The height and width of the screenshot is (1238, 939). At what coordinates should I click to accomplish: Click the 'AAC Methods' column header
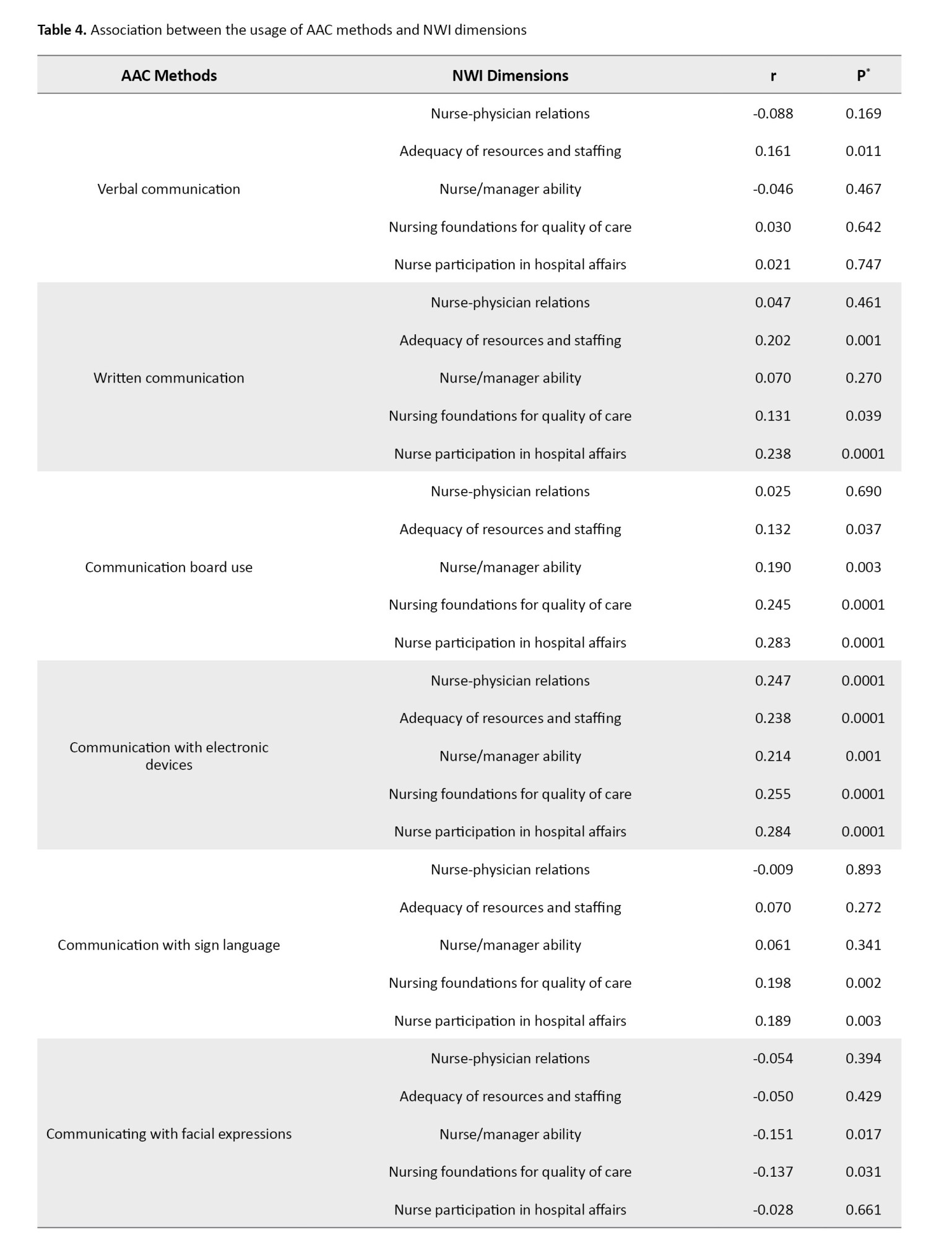coord(169,76)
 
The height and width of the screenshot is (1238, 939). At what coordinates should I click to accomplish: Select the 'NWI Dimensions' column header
coord(510,76)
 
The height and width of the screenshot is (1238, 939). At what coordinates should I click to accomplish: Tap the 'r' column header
coord(773,76)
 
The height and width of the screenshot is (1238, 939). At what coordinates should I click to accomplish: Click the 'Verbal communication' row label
coord(168,189)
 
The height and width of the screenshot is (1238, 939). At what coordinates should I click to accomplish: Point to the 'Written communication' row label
coord(168,378)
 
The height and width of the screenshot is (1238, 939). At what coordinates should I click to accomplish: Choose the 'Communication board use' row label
coord(168,567)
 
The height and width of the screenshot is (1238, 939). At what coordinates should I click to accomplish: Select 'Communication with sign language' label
coord(168,945)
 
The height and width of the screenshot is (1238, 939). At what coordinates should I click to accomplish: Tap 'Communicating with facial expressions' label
coord(168,1133)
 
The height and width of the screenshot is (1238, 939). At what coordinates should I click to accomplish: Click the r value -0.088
coord(772,113)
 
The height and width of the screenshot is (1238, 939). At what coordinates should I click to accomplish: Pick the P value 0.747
coord(863,264)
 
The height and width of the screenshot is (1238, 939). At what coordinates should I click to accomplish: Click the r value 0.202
coord(772,340)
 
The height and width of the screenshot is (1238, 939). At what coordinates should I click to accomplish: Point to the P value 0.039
coord(863,415)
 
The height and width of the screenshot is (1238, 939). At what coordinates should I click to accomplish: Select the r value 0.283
coord(772,643)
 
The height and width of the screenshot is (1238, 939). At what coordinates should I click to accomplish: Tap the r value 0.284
coord(772,831)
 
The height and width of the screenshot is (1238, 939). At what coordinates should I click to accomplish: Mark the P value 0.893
coord(863,869)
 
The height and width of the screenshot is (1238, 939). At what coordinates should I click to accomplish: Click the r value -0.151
coord(772,1134)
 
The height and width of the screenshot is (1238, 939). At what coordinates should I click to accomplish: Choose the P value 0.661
coord(863,1210)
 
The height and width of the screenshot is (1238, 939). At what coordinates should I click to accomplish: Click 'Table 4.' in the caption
coord(62,30)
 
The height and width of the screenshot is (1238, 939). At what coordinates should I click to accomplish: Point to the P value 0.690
coord(863,491)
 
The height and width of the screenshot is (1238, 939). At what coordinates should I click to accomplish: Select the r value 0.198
coord(772,982)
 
